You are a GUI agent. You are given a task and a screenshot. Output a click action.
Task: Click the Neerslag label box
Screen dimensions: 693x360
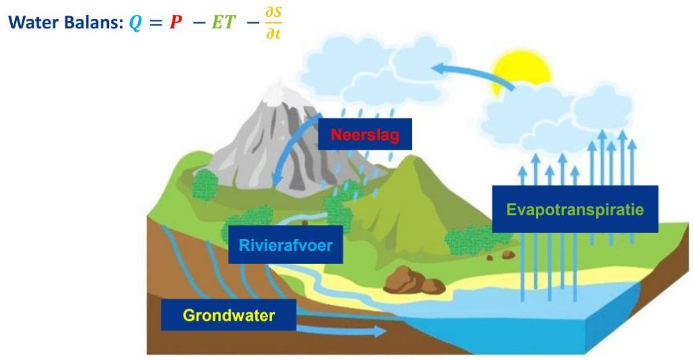click(365, 134)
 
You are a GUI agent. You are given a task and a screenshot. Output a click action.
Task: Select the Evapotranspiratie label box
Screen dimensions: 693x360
click(575, 209)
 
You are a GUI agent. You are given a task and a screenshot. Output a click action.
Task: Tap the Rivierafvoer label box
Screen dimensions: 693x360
click(286, 245)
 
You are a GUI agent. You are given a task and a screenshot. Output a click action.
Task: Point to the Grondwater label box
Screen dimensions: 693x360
click(229, 315)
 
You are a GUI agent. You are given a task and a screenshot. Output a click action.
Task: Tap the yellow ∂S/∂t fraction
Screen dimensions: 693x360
click(273, 23)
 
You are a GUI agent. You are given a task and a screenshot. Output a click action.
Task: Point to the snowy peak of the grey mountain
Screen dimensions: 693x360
click(278, 93)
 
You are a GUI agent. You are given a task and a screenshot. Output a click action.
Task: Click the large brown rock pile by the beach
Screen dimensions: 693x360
click(413, 281)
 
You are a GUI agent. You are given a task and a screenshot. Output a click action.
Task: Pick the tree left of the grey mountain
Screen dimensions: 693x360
click(205, 185)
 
